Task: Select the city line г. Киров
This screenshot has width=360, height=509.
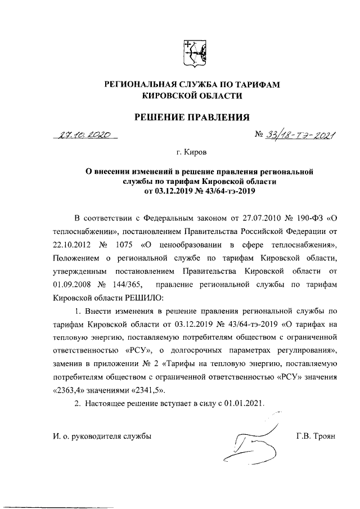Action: (x=191, y=152)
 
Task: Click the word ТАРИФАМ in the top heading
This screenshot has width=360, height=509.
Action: (x=255, y=84)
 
